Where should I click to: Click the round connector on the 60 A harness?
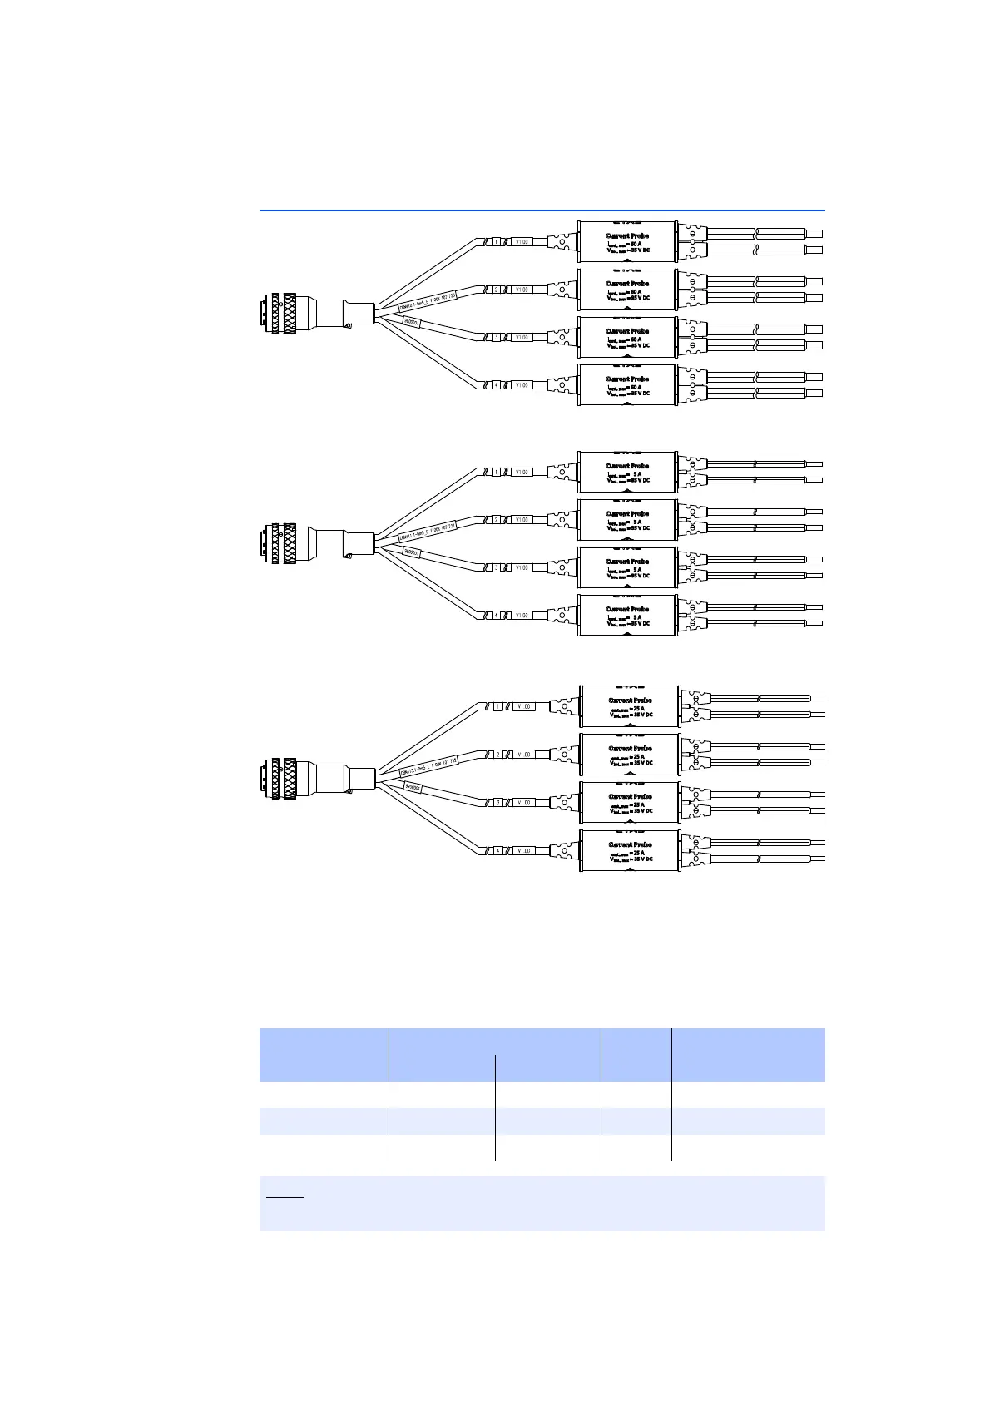coord(280,313)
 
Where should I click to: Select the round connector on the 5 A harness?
coord(280,543)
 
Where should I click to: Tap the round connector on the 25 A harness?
coord(280,778)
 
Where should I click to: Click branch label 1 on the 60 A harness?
coord(496,242)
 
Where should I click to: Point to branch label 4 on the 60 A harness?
coord(496,385)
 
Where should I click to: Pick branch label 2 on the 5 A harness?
coord(496,520)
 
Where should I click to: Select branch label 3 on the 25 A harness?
coord(497,803)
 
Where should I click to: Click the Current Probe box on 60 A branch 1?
coord(627,242)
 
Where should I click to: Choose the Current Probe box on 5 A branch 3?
coord(627,567)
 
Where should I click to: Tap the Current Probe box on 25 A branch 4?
coord(630,850)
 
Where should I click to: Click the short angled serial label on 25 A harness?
coord(413,787)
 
